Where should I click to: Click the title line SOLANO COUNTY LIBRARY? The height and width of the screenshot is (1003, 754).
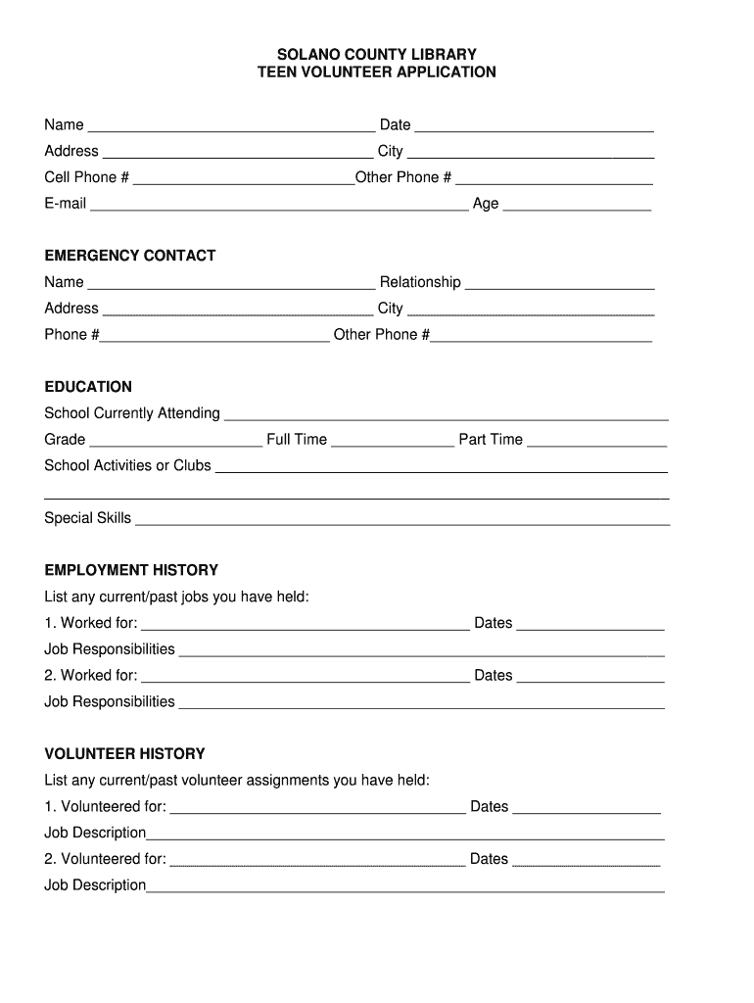click(377, 55)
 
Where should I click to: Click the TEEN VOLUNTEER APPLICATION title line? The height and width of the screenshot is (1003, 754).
click(377, 72)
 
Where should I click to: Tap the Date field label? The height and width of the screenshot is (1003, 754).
click(396, 124)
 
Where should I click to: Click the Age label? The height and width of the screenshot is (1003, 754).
click(486, 204)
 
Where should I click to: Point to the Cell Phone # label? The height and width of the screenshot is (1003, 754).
click(86, 177)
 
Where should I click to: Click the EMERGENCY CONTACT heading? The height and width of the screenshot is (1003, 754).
click(129, 256)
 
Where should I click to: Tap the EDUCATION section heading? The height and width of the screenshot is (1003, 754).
click(88, 387)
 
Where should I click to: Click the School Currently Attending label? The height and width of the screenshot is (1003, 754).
click(132, 413)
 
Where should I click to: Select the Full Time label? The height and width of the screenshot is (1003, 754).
click(297, 440)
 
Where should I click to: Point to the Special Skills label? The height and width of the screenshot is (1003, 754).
click(87, 518)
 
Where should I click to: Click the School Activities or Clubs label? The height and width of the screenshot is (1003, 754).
click(127, 465)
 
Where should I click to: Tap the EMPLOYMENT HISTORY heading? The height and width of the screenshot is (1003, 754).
click(131, 570)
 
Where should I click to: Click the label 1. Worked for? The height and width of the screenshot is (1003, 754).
click(91, 623)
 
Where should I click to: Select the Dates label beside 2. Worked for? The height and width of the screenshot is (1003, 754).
click(494, 675)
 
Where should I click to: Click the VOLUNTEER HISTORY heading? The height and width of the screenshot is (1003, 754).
click(124, 754)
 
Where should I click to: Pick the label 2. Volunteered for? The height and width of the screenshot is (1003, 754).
click(105, 859)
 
